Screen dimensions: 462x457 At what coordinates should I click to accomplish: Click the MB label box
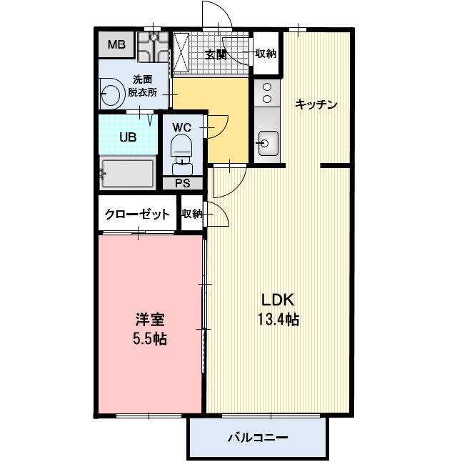click(116, 46)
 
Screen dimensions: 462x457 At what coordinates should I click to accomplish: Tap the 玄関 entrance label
click(216, 54)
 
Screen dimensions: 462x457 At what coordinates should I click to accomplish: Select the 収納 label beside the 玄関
click(266, 54)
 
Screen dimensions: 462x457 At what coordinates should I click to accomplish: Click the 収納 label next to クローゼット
click(191, 214)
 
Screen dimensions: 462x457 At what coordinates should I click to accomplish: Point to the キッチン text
click(316, 104)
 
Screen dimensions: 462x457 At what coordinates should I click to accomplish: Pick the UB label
click(127, 137)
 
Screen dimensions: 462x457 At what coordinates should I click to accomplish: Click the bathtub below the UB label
click(128, 172)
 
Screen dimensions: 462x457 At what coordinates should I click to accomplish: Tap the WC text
click(182, 127)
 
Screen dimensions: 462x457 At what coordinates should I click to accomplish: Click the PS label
click(183, 183)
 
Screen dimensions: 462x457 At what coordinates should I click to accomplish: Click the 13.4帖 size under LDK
click(278, 320)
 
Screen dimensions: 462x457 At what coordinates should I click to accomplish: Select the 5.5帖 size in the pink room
click(149, 338)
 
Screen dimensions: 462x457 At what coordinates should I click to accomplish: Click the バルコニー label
click(258, 437)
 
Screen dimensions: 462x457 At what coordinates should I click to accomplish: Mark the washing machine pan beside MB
click(151, 47)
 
